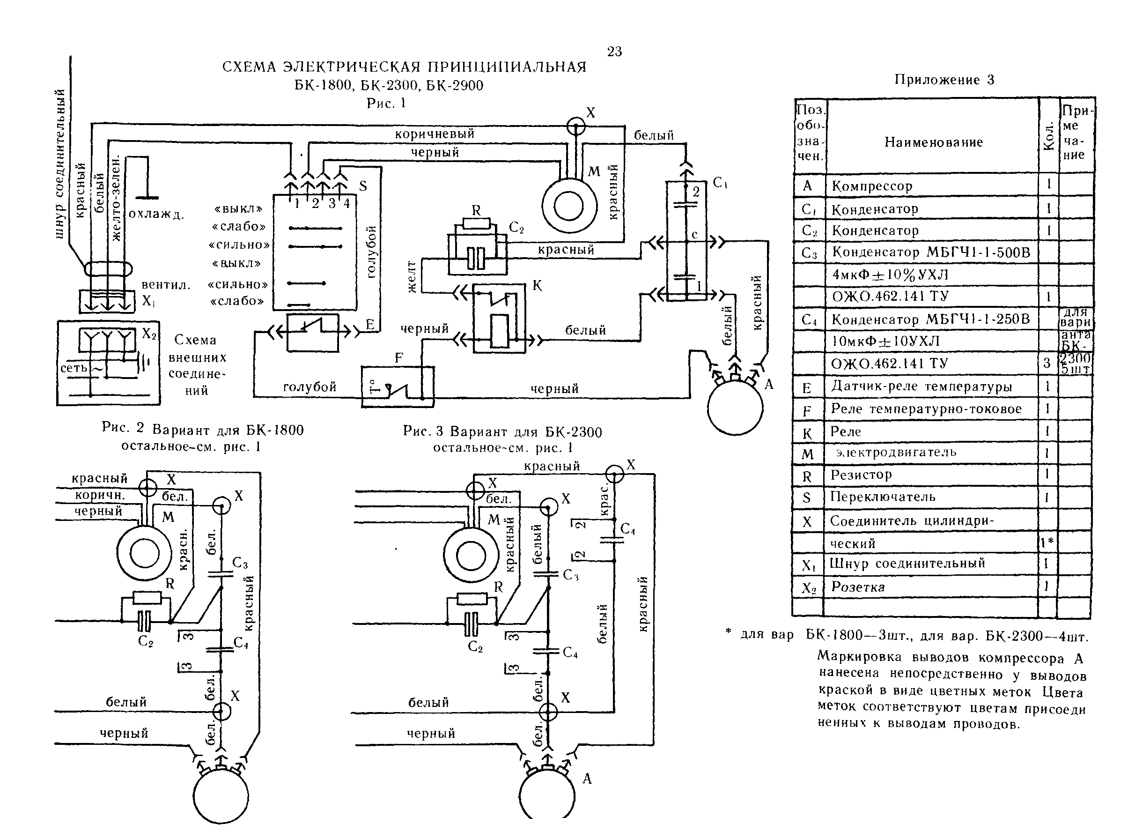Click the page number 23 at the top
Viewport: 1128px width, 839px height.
(614, 51)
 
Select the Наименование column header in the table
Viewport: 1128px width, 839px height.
(933, 142)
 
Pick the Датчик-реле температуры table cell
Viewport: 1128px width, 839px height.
(922, 386)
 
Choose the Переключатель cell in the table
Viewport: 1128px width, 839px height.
(882, 497)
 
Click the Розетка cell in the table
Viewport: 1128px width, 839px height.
(857, 587)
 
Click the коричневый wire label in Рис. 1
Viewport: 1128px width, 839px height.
(435, 134)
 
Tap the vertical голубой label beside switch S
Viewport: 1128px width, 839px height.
(372, 252)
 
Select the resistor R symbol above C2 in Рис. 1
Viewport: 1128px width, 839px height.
(476, 223)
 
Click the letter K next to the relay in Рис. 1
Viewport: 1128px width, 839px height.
(537, 286)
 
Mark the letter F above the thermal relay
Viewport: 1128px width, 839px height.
(399, 358)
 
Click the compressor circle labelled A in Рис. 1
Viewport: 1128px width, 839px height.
(735, 408)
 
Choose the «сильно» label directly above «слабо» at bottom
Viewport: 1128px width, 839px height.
(237, 284)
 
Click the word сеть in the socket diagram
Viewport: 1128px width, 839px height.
(74, 368)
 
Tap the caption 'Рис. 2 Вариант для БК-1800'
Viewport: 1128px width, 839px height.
(203, 430)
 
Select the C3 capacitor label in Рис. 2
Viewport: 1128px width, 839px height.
(240, 563)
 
